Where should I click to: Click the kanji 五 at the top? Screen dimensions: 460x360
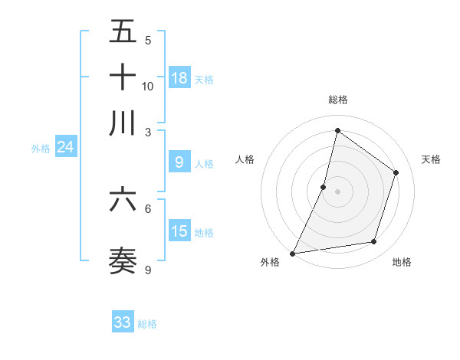(123, 31)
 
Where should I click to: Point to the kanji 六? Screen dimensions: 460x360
(123, 200)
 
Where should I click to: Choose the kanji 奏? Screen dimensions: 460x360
(123, 261)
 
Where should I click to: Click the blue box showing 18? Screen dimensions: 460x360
(179, 77)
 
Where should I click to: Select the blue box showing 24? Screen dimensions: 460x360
(66, 147)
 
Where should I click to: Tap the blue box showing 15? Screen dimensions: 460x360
(179, 231)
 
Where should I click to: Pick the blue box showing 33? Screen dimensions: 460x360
(123, 322)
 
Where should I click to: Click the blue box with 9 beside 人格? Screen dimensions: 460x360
(179, 162)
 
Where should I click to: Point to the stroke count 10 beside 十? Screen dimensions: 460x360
(148, 86)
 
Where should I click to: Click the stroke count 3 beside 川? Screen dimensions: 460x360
(148, 132)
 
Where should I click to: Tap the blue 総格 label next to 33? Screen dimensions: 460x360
(147, 324)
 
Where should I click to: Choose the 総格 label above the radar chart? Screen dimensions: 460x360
(337, 100)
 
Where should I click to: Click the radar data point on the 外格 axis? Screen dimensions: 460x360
(293, 253)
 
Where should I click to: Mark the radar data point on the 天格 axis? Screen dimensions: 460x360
(396, 172)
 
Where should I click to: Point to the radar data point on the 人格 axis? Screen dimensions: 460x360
(324, 187)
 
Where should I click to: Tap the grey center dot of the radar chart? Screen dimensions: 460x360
(337, 191)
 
